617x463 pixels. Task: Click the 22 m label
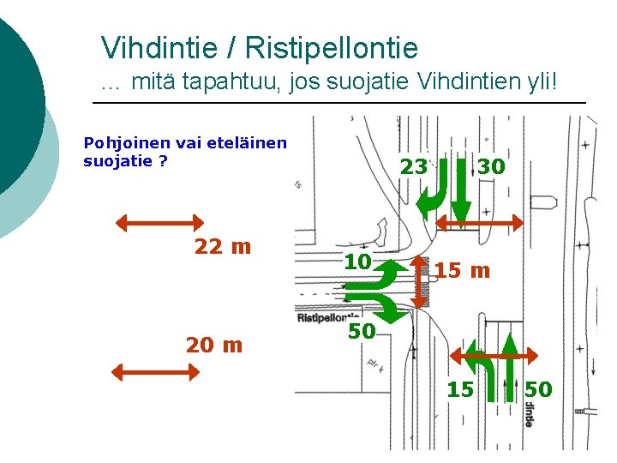click(x=223, y=247)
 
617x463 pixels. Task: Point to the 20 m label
click(x=213, y=345)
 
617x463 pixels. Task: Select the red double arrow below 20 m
click(x=156, y=372)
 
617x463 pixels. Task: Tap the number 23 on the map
click(x=413, y=166)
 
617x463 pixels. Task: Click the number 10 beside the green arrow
click(x=357, y=262)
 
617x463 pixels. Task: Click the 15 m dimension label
click(x=462, y=271)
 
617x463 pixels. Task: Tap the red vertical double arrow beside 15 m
click(x=420, y=280)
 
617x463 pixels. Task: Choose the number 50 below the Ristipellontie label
click(x=361, y=330)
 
